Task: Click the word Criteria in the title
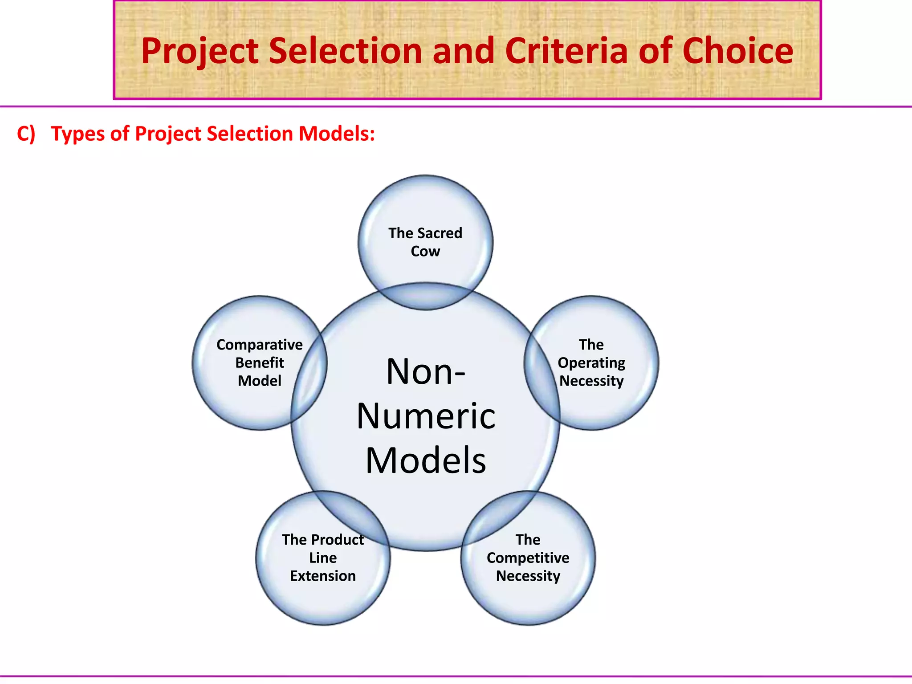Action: coord(566,51)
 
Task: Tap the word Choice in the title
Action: coord(737,51)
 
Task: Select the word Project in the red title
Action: coord(200,52)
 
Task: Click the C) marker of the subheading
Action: coord(26,134)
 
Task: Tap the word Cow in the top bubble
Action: coord(425,252)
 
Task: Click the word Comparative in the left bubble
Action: coord(259,345)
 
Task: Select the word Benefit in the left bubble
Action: coord(259,363)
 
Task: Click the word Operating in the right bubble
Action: coord(591,363)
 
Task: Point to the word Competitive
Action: coord(528,558)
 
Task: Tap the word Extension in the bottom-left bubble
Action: coord(323,576)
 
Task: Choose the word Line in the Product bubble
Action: coord(323,558)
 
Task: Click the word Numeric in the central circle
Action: coord(426,416)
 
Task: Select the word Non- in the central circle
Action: coord(426,372)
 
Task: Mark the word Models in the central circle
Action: coord(426,460)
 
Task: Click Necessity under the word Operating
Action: coord(591,382)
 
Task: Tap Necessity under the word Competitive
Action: coord(528,576)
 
